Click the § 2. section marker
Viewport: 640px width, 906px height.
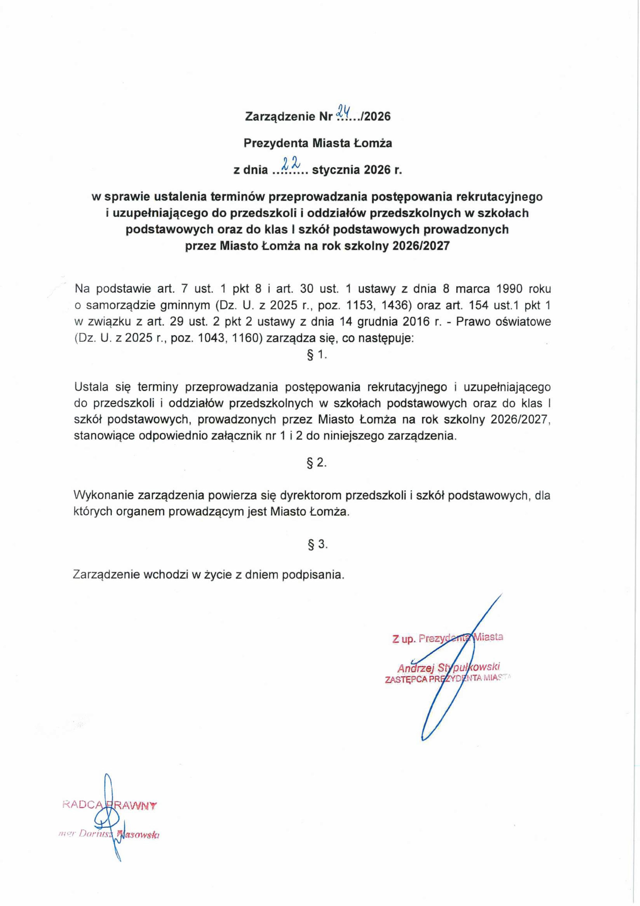[317, 463]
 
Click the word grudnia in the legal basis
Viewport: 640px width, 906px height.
[377, 322]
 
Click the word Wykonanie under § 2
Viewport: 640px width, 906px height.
[103, 495]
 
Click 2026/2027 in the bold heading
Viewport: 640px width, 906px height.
[421, 246]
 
